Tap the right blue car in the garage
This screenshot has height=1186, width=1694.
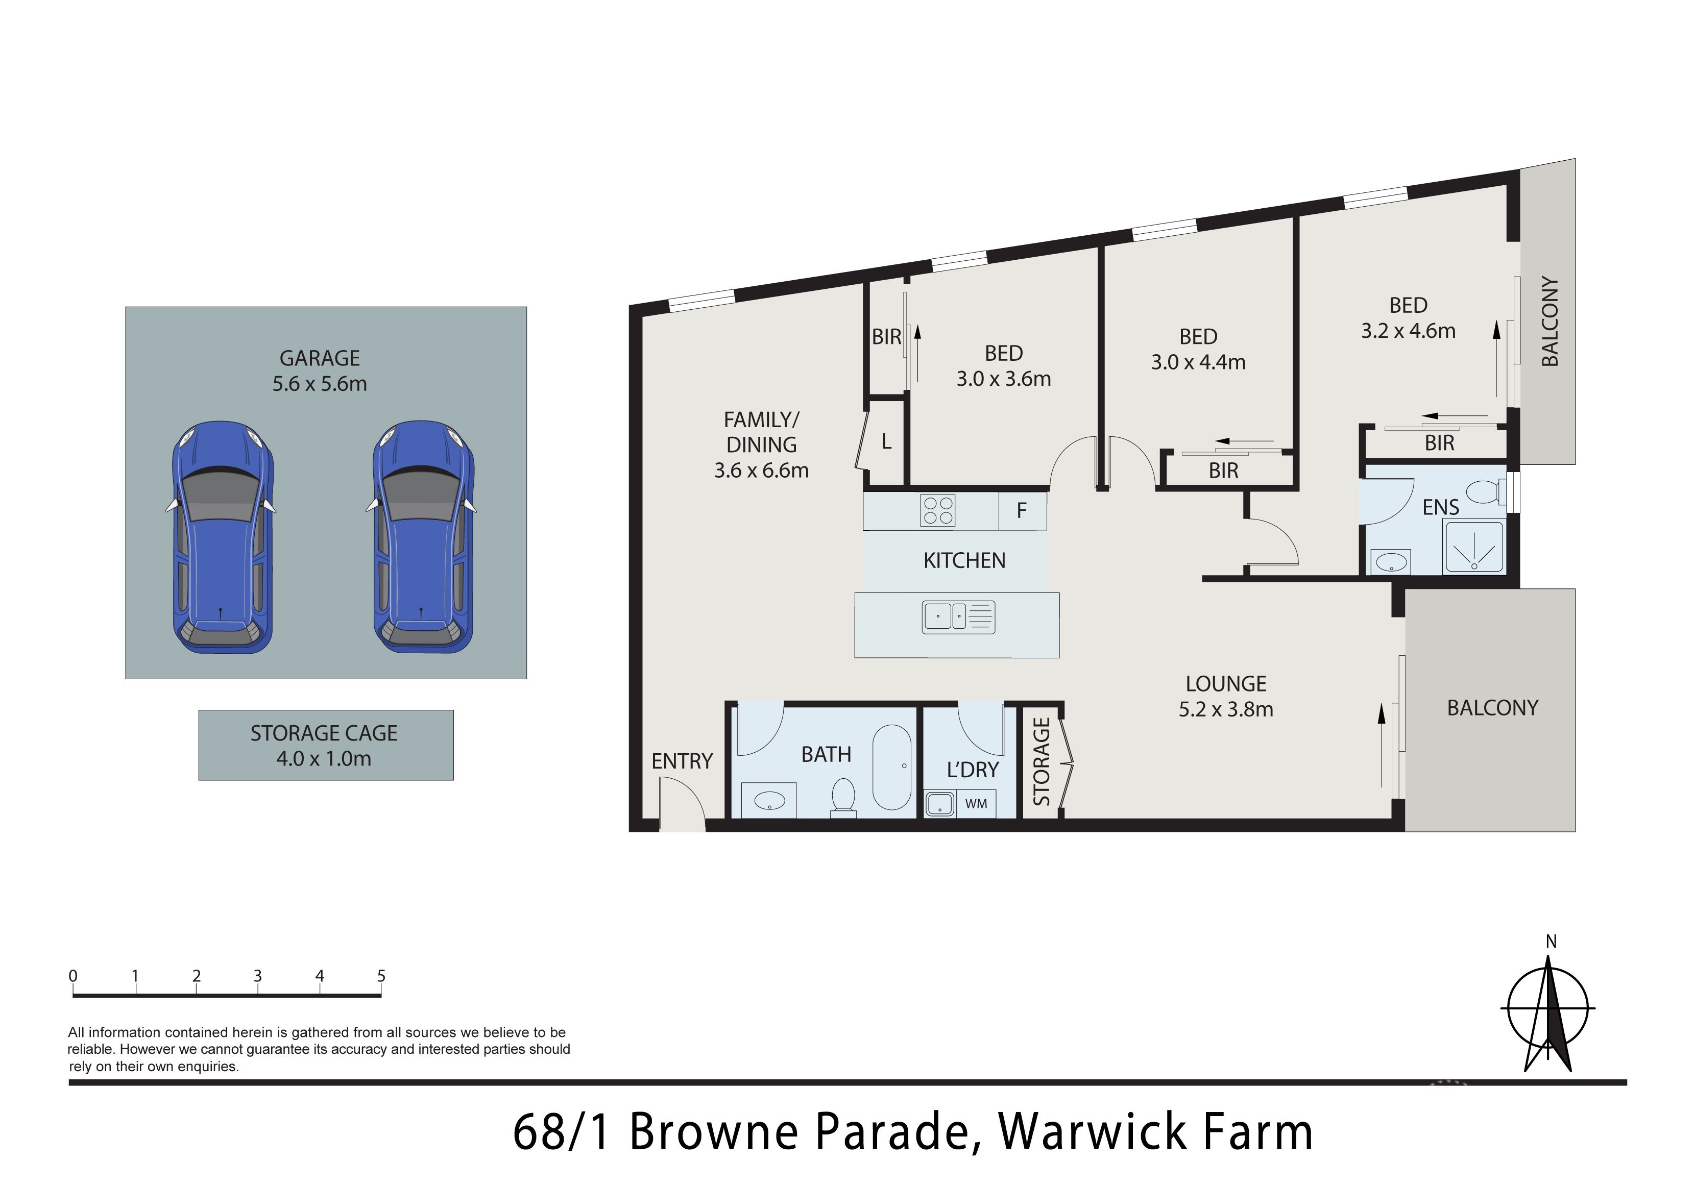point(423,537)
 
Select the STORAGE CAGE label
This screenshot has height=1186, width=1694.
point(324,733)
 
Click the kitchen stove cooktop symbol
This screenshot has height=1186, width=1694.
point(938,510)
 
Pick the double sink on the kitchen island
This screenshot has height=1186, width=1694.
point(958,617)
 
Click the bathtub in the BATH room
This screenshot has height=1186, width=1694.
point(892,767)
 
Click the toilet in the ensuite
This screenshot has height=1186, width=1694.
point(1485,491)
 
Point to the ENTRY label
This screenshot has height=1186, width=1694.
point(682,761)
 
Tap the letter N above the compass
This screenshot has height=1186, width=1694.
point(1551,942)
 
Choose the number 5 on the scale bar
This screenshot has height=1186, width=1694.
point(381,976)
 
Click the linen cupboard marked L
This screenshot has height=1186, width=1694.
point(886,442)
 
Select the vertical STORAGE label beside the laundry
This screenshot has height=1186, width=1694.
point(1041,761)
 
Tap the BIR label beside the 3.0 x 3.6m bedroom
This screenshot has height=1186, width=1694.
point(886,337)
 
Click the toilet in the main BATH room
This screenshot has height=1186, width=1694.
point(842,799)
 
